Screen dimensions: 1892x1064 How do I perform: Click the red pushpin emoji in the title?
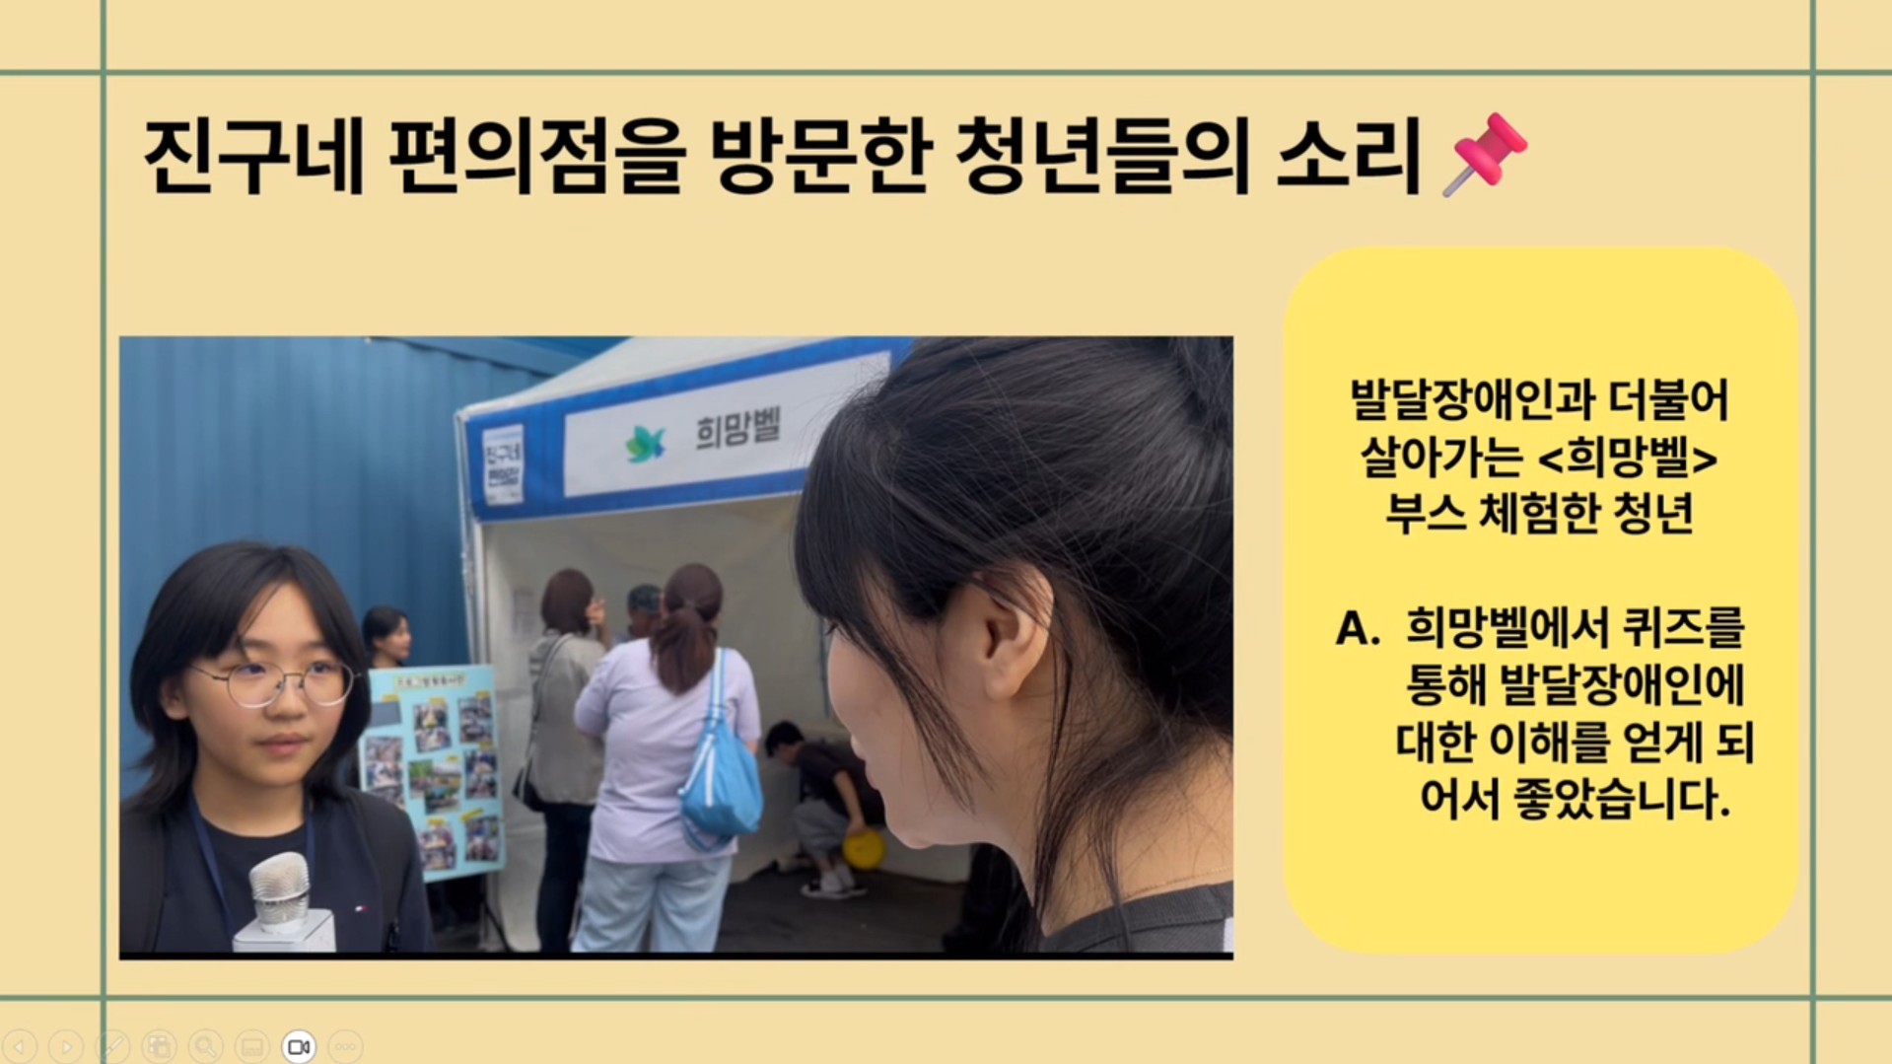1485,154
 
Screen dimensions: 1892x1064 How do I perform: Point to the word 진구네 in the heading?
254,156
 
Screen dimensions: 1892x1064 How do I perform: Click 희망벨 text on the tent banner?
738,431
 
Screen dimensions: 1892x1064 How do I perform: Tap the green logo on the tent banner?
646,444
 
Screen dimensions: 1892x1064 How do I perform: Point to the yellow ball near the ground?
864,848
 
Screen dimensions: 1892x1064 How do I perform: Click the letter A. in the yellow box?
1357,629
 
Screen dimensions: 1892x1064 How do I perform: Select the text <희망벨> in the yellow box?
1629,458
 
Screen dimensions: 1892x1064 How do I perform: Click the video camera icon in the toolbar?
299,1046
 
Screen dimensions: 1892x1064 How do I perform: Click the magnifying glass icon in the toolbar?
206,1046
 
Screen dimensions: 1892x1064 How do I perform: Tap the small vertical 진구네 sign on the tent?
503,465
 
